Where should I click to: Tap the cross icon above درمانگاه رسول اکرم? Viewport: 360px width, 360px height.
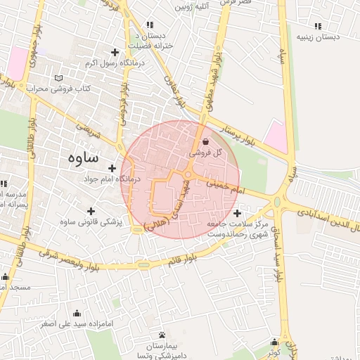(x=115, y=52)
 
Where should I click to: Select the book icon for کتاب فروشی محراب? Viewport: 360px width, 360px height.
(x=58, y=77)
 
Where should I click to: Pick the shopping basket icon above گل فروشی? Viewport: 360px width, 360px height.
(x=205, y=141)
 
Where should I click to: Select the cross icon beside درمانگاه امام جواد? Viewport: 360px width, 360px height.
(x=112, y=167)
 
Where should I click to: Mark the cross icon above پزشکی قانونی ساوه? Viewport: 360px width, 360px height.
(x=91, y=210)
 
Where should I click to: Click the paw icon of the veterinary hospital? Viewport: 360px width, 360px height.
(x=163, y=335)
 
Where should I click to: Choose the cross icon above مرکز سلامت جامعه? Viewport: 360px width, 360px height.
(x=237, y=212)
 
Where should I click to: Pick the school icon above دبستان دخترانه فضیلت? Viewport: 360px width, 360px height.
(x=150, y=24)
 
